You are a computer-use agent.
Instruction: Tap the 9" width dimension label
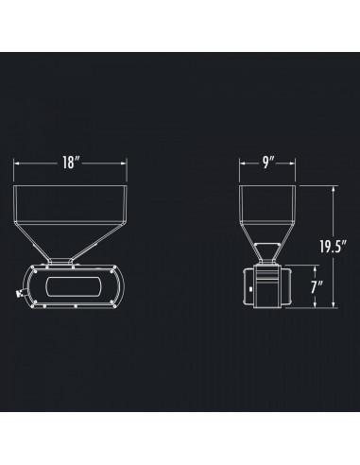point(268,163)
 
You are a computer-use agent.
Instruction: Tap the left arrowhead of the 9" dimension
point(241,163)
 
